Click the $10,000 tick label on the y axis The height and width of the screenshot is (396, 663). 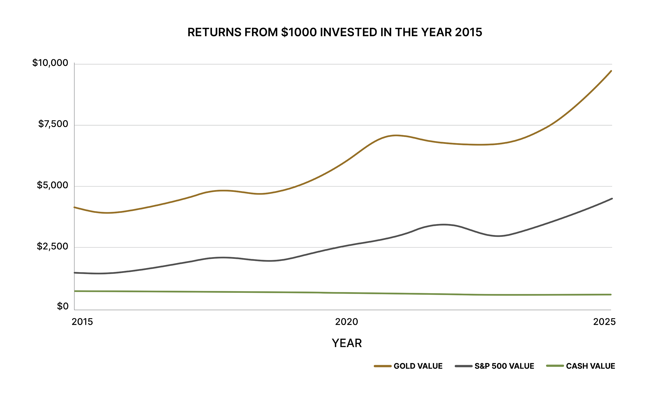click(50, 63)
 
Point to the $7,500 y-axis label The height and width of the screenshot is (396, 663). click(53, 124)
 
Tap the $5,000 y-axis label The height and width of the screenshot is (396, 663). click(52, 185)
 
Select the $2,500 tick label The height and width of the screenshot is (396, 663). click(52, 246)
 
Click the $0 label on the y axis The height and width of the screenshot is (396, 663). click(62, 306)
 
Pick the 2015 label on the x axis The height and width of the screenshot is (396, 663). click(82, 322)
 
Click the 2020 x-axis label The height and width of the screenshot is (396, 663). click(346, 322)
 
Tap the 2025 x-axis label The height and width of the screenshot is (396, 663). click(604, 322)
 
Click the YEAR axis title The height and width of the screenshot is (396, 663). click(347, 343)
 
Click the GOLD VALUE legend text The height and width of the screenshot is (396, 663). click(418, 366)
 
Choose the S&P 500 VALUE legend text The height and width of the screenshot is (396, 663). click(504, 366)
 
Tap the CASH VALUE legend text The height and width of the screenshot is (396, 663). click(590, 366)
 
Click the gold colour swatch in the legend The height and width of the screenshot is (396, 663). click(383, 366)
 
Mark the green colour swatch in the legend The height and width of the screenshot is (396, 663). click(555, 366)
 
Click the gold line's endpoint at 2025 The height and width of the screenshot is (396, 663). click(611, 71)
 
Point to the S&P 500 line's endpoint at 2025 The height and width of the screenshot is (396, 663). click(612, 199)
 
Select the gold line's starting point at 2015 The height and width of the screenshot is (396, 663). click(75, 207)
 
